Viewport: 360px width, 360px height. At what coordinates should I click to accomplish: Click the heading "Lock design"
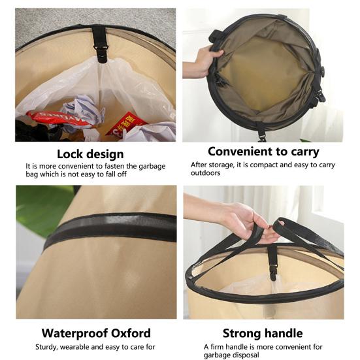(x=90, y=154)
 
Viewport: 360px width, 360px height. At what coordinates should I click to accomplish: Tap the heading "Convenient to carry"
(x=263, y=152)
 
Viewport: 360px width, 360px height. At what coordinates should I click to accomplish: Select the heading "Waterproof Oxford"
(x=96, y=333)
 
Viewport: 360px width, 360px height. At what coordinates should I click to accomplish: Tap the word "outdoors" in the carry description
(x=205, y=173)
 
